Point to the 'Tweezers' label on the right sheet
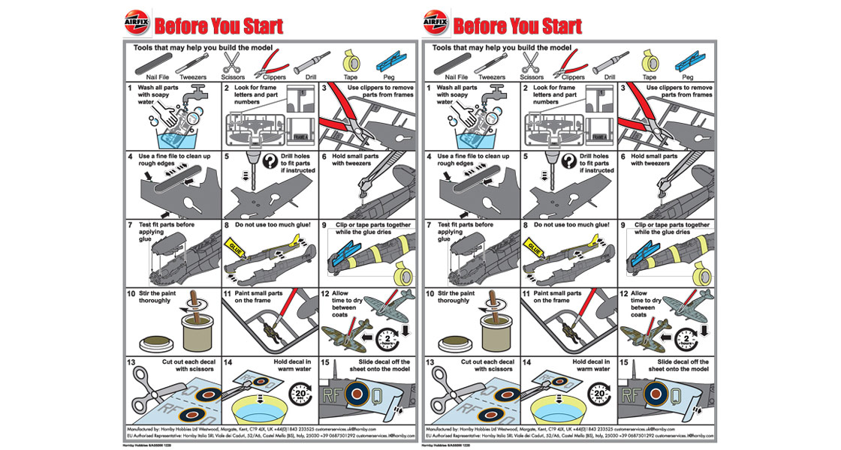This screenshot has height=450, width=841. (x=492, y=76)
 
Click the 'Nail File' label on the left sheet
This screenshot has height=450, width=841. (x=155, y=76)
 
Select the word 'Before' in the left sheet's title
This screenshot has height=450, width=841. (x=182, y=25)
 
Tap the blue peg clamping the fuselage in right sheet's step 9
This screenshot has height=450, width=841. (x=651, y=253)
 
